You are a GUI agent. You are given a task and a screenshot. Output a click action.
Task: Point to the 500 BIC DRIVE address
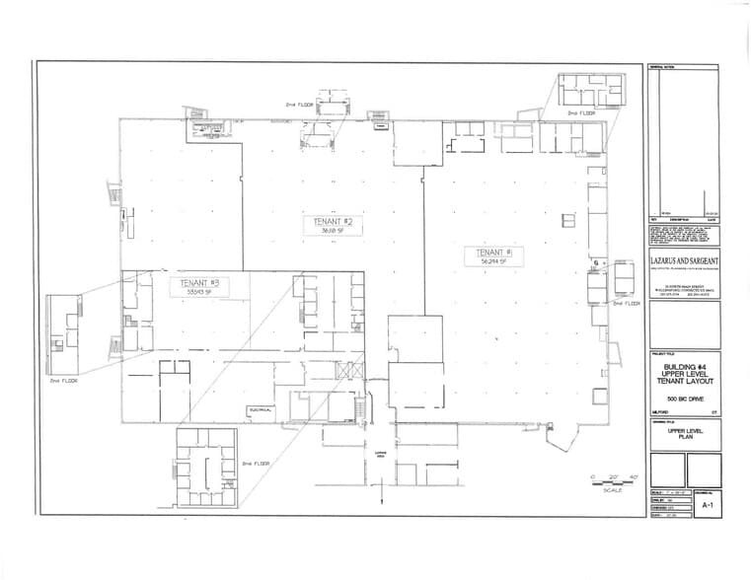684,398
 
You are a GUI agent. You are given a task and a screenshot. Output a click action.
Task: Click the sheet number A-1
706,504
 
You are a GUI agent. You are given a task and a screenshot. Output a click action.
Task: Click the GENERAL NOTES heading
660,67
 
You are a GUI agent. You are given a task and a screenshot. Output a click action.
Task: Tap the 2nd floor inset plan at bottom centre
206,469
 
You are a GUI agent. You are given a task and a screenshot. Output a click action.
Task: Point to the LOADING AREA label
380,455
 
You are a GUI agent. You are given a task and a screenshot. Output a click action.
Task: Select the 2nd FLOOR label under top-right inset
581,113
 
